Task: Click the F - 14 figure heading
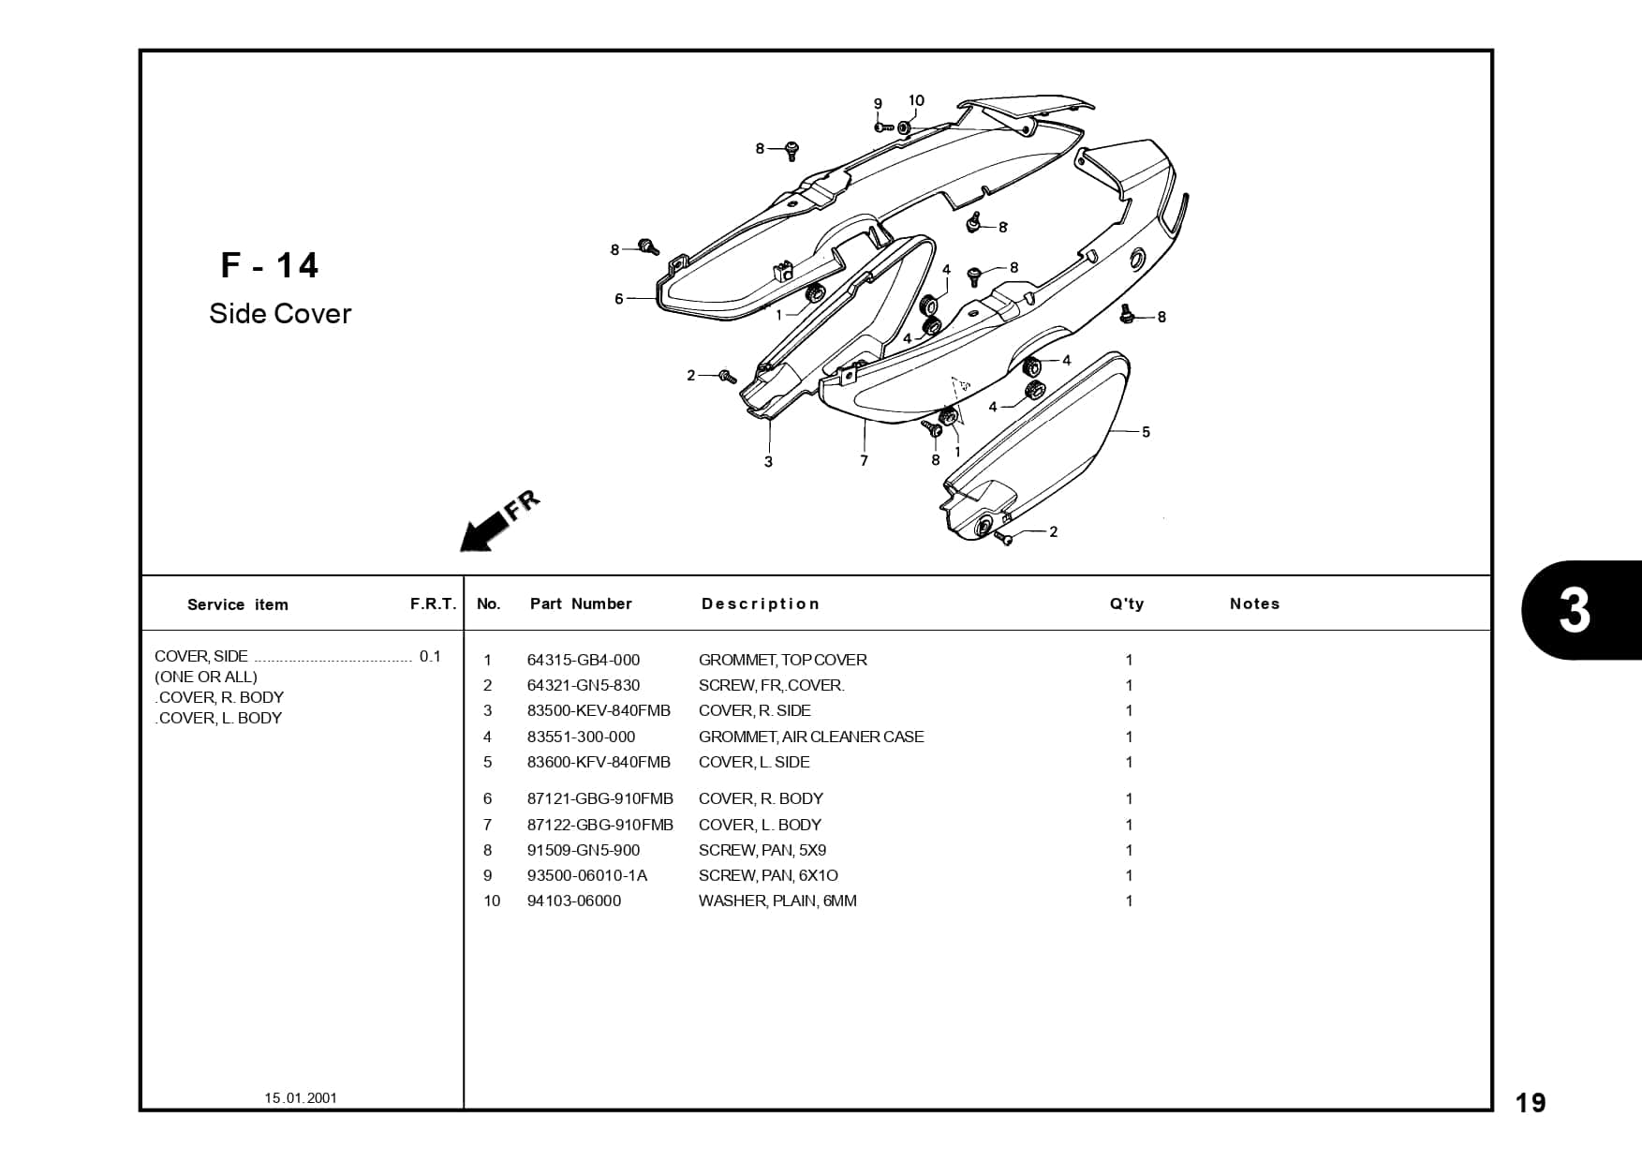point(270,266)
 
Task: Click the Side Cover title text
point(280,314)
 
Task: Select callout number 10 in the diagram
point(916,101)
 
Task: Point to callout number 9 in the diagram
point(878,104)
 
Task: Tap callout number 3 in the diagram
point(768,461)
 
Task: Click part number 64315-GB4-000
point(583,660)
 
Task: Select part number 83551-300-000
point(581,737)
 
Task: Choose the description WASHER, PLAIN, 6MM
point(777,901)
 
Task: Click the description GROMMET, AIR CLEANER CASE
point(811,737)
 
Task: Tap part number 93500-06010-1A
point(587,875)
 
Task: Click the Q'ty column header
point(1127,604)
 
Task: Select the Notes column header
point(1254,604)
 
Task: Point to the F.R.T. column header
point(433,604)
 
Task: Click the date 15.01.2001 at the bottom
point(301,1097)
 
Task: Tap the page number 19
point(1531,1103)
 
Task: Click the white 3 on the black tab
point(1575,611)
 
